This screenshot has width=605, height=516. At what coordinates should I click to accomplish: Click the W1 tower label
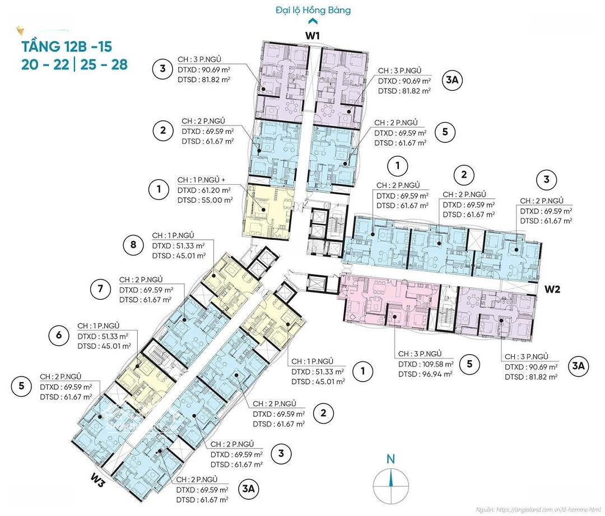(313, 35)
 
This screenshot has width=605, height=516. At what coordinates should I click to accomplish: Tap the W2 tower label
(552, 289)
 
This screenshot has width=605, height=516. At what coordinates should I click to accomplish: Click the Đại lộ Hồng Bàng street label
(313, 10)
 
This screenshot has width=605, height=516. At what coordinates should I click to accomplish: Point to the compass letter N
(391, 459)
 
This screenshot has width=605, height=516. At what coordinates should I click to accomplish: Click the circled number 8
(133, 245)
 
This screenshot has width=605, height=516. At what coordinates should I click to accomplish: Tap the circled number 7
(101, 289)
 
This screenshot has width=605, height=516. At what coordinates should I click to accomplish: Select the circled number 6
(59, 335)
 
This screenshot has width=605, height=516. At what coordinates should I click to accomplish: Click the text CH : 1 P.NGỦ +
(202, 180)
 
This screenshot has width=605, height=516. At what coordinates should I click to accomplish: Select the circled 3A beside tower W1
(452, 80)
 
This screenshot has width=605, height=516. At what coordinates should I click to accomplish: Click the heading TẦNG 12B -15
(67, 47)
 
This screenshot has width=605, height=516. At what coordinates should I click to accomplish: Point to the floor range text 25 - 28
(104, 64)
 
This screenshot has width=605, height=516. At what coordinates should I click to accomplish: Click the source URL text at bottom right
(538, 510)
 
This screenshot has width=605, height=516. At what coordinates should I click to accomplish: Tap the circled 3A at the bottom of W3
(249, 489)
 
